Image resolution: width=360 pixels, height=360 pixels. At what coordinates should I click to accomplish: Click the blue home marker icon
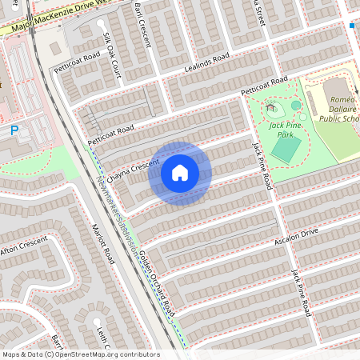(x=180, y=173)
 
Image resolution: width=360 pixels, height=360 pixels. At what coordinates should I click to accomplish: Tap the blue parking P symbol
(x=14, y=129)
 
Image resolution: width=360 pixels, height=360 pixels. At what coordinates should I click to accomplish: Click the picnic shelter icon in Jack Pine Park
(x=271, y=106)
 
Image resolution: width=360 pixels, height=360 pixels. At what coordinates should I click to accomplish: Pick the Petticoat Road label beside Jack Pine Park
(x=264, y=86)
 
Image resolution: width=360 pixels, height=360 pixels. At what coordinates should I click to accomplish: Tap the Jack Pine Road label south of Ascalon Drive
(x=300, y=292)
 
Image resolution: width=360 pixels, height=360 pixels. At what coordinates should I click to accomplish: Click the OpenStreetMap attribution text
(x=81, y=354)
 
